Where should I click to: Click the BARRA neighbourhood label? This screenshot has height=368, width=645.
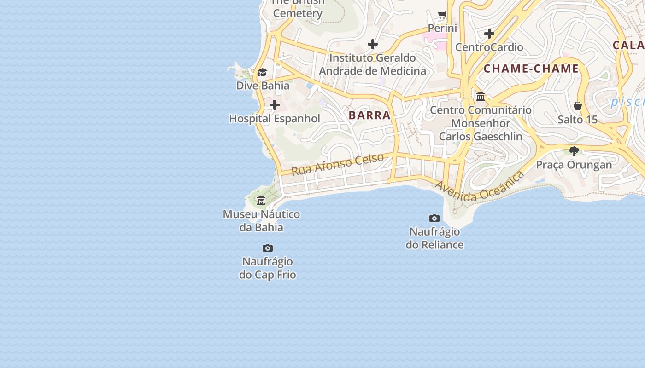369,115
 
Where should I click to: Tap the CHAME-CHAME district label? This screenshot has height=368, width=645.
531,69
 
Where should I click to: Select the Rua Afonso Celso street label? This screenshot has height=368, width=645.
338,164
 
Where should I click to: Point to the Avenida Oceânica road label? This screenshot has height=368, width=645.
479,187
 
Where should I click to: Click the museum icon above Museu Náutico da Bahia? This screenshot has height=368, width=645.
261,200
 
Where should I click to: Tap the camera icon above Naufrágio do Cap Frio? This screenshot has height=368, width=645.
267,248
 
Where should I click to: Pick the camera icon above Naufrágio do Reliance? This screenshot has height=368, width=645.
434,218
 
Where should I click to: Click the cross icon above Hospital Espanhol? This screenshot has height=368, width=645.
275,105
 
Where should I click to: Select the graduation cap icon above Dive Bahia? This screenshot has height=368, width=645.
262,72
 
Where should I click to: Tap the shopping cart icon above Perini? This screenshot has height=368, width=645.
442,15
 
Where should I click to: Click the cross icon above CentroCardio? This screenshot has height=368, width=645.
489,34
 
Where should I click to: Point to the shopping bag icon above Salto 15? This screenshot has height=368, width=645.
578,106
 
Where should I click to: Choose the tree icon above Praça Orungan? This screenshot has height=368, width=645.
574,151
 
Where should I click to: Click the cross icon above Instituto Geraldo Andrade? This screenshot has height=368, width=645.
373,44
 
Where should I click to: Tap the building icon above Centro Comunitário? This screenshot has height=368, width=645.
481,96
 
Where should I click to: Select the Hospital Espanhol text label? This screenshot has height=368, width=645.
275,119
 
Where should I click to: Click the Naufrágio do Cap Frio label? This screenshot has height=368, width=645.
268,268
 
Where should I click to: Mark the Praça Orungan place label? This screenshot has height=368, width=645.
574,165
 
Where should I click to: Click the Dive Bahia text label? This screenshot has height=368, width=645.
263,86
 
